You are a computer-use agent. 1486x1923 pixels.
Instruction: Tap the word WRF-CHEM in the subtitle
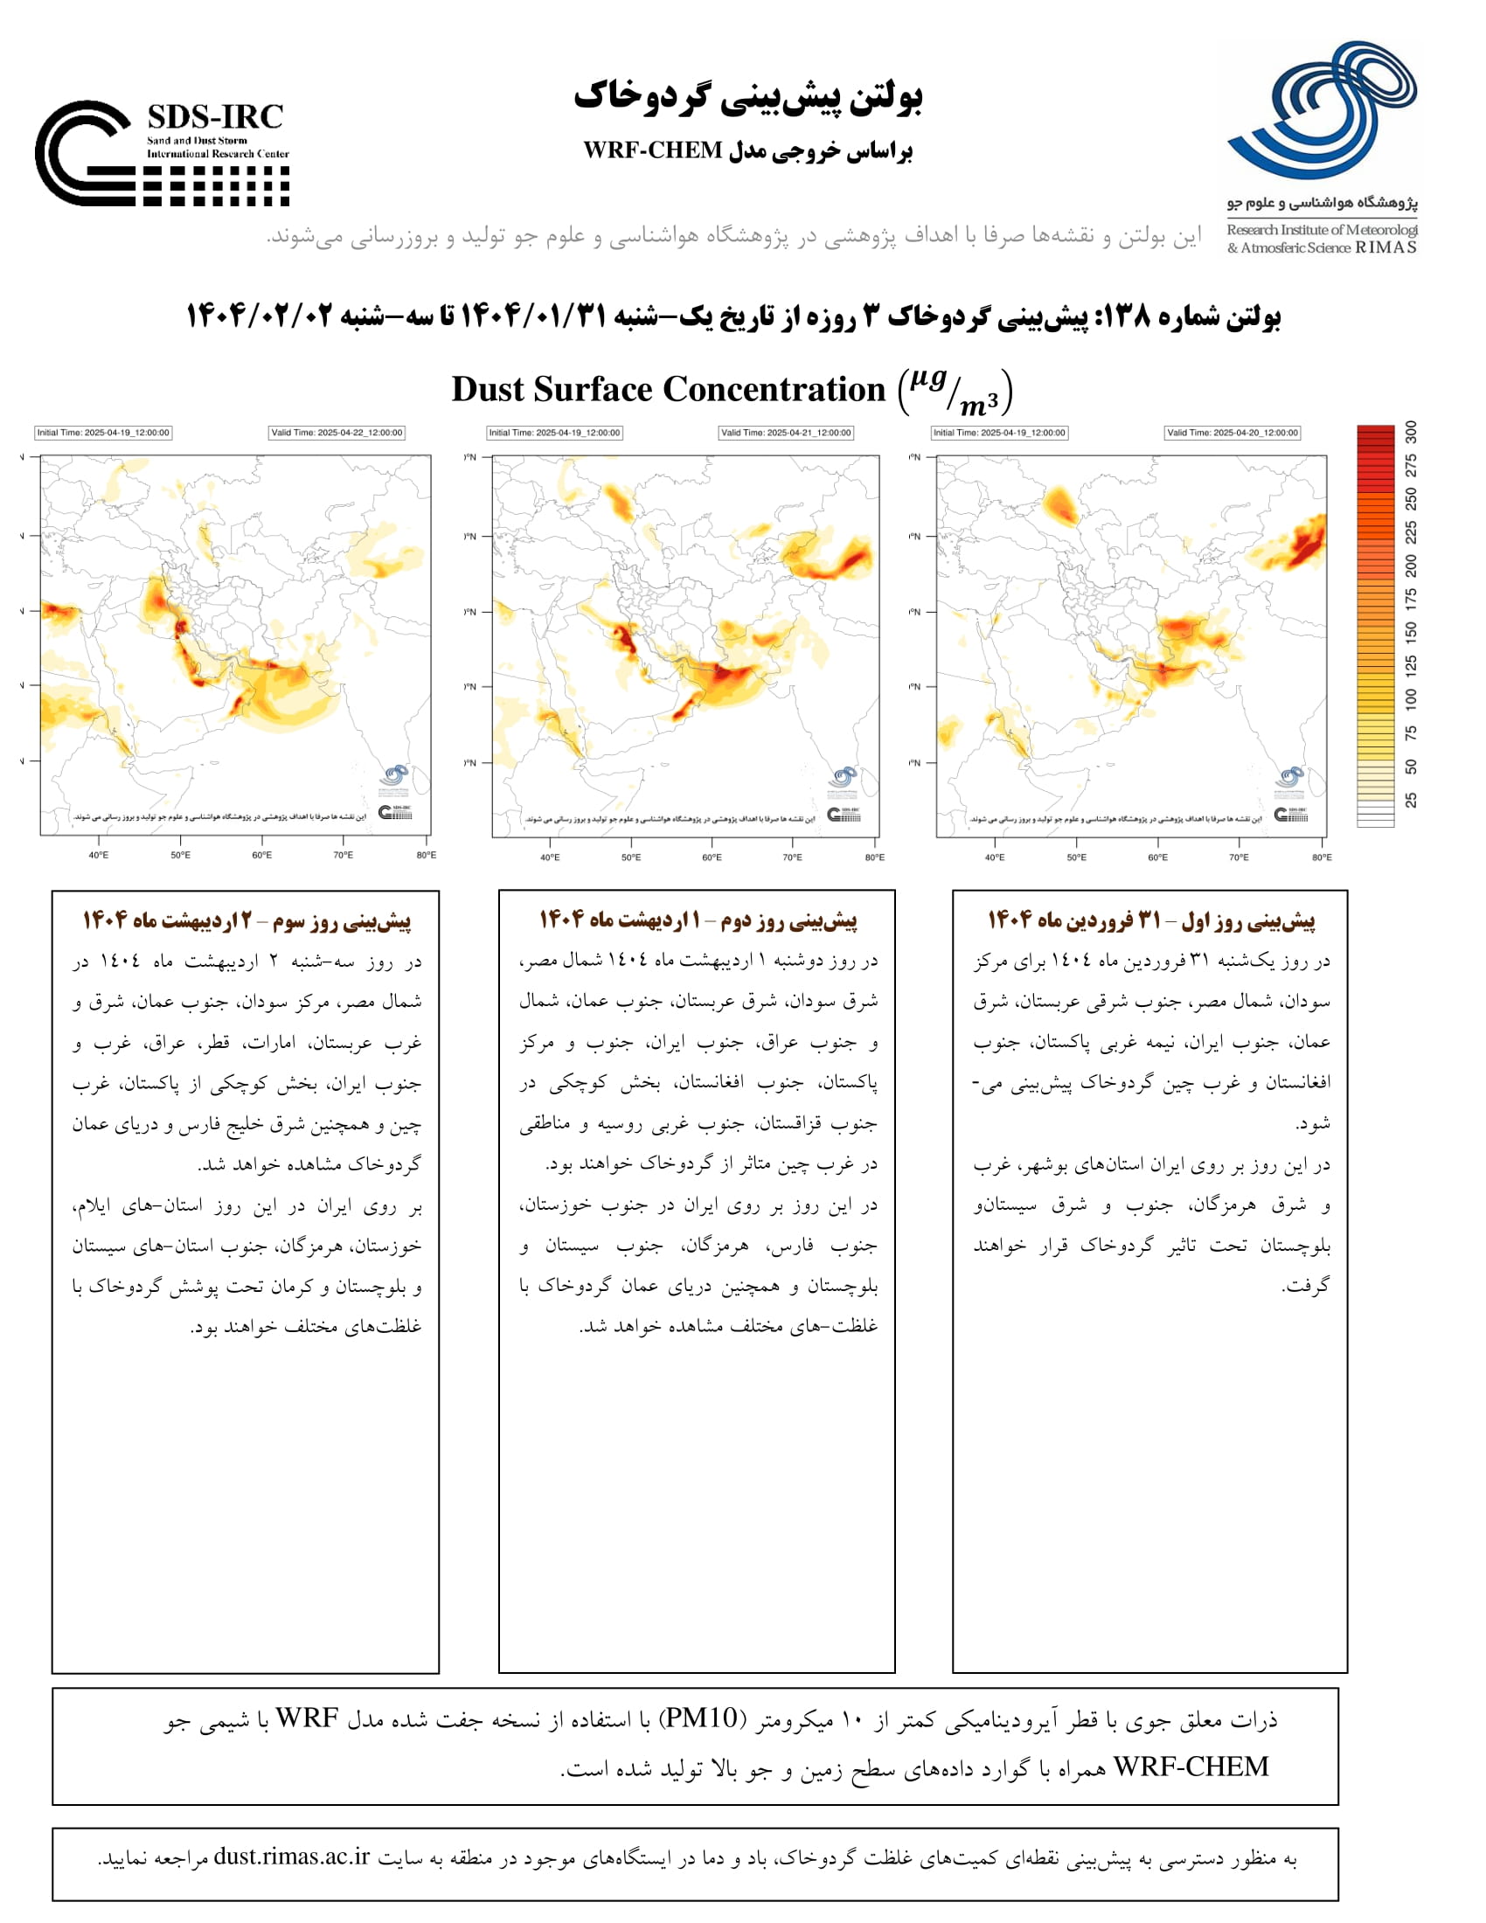click(652, 150)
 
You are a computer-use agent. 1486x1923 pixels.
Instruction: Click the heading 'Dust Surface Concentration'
click(668, 389)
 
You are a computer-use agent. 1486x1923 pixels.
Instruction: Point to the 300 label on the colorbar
click(1411, 433)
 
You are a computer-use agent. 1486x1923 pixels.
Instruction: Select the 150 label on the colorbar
click(1411, 631)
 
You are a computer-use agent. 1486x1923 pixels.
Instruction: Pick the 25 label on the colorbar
click(1411, 800)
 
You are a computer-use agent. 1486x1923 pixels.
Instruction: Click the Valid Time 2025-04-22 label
click(337, 433)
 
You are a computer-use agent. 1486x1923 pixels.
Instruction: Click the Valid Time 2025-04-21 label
click(785, 433)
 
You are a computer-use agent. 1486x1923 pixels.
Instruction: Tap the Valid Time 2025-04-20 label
click(1232, 433)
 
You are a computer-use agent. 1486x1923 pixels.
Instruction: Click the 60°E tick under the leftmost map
click(261, 855)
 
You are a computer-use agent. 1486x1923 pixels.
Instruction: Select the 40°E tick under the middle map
click(549, 857)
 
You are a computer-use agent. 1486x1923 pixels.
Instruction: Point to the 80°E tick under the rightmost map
click(1322, 857)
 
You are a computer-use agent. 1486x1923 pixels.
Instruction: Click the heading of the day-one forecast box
click(1150, 921)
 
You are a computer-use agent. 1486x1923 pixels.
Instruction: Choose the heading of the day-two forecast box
click(698, 921)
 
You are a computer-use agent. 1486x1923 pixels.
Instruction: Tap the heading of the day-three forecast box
click(247, 921)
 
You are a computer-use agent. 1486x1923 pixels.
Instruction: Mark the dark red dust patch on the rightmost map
click(1307, 545)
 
